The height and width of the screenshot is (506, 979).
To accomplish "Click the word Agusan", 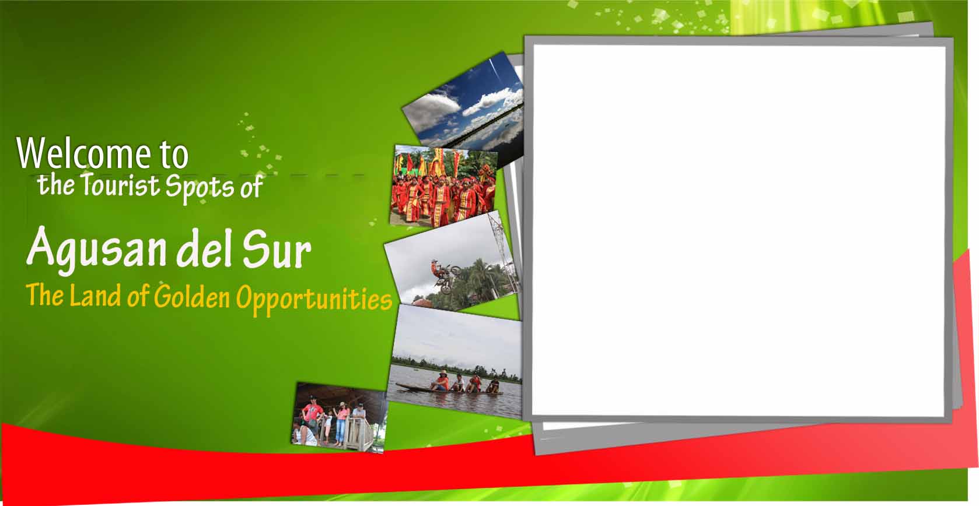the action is tap(97, 248).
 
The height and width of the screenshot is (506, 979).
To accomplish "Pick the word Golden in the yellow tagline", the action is tap(192, 297).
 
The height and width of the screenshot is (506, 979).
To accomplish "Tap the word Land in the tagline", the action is tap(95, 295).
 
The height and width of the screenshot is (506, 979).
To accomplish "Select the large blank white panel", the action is tap(739, 230).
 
